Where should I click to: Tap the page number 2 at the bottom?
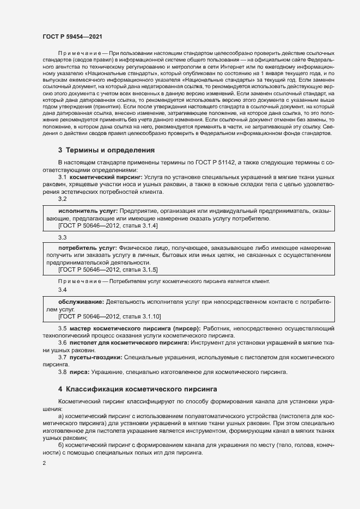(45, 463)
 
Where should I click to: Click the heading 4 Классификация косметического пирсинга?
(138, 389)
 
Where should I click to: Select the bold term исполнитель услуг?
(88, 210)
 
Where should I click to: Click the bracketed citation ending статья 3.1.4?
(108, 225)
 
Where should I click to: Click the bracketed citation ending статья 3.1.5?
(108, 269)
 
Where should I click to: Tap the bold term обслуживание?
(81, 301)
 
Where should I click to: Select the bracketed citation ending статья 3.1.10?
(109, 316)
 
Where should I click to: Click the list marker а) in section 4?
(61, 415)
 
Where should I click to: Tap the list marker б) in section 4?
(61, 445)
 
